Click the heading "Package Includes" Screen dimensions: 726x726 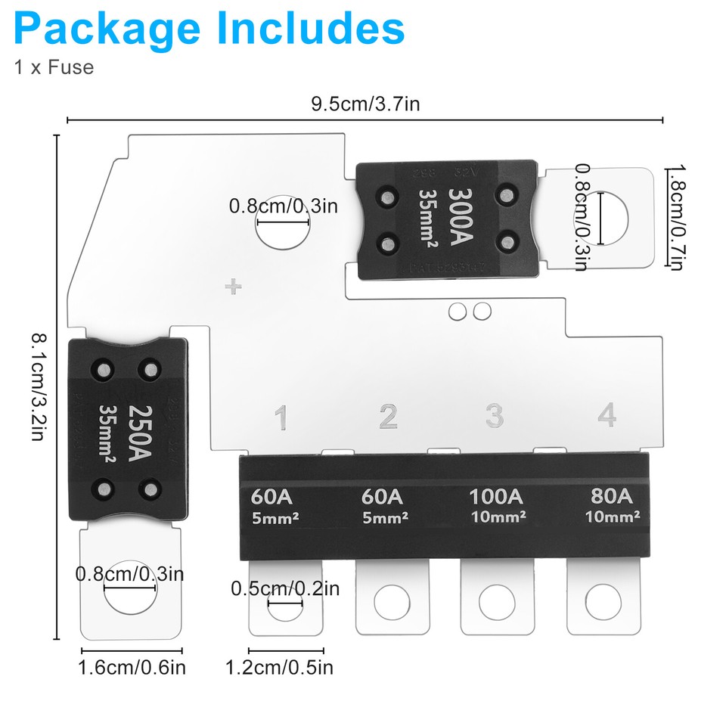coord(209,28)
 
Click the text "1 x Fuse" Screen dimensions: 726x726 coord(53,67)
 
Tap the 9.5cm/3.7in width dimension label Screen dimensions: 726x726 coord(365,104)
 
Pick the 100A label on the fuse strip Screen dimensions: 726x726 coord(495,497)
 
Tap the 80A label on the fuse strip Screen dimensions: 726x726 coord(612,497)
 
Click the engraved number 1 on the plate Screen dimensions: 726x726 coord(281,417)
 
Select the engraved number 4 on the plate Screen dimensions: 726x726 coord(606,416)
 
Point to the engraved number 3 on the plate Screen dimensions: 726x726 coord(495,416)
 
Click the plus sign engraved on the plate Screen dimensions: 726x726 coord(234,287)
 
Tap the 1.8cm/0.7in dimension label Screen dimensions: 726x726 coord(675,218)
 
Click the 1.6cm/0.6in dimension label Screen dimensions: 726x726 coord(132,667)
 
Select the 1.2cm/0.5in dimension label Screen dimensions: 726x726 coord(279,667)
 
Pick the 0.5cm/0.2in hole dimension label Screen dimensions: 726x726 coord(285,588)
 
